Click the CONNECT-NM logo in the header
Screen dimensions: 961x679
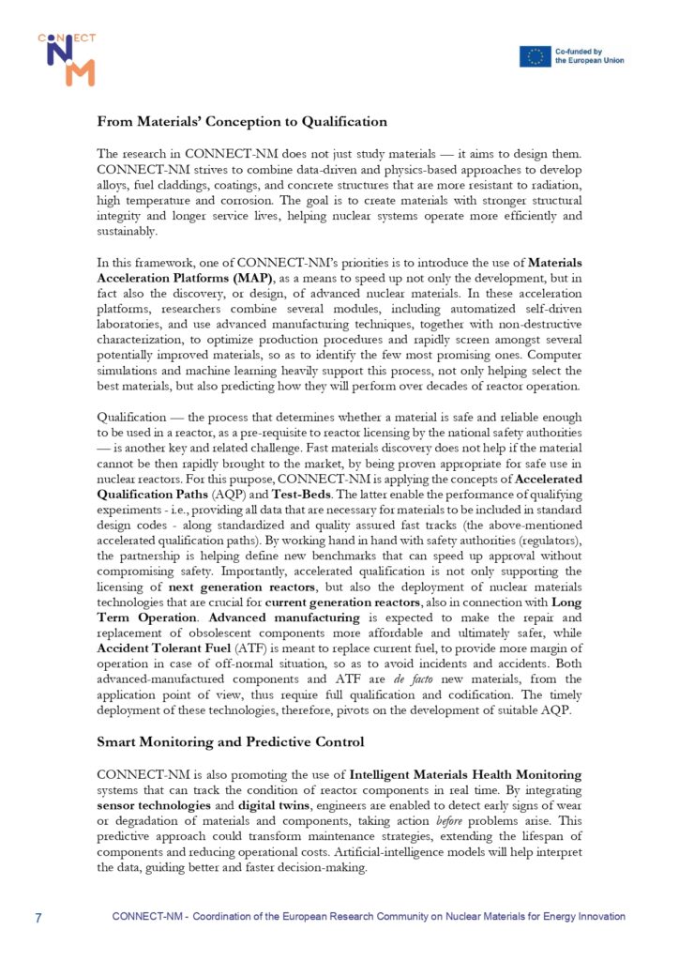67,59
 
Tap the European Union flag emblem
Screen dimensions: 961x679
536,56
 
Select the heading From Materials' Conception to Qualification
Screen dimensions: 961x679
241,121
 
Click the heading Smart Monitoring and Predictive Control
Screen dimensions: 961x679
231,741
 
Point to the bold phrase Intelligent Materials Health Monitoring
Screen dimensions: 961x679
465,774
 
